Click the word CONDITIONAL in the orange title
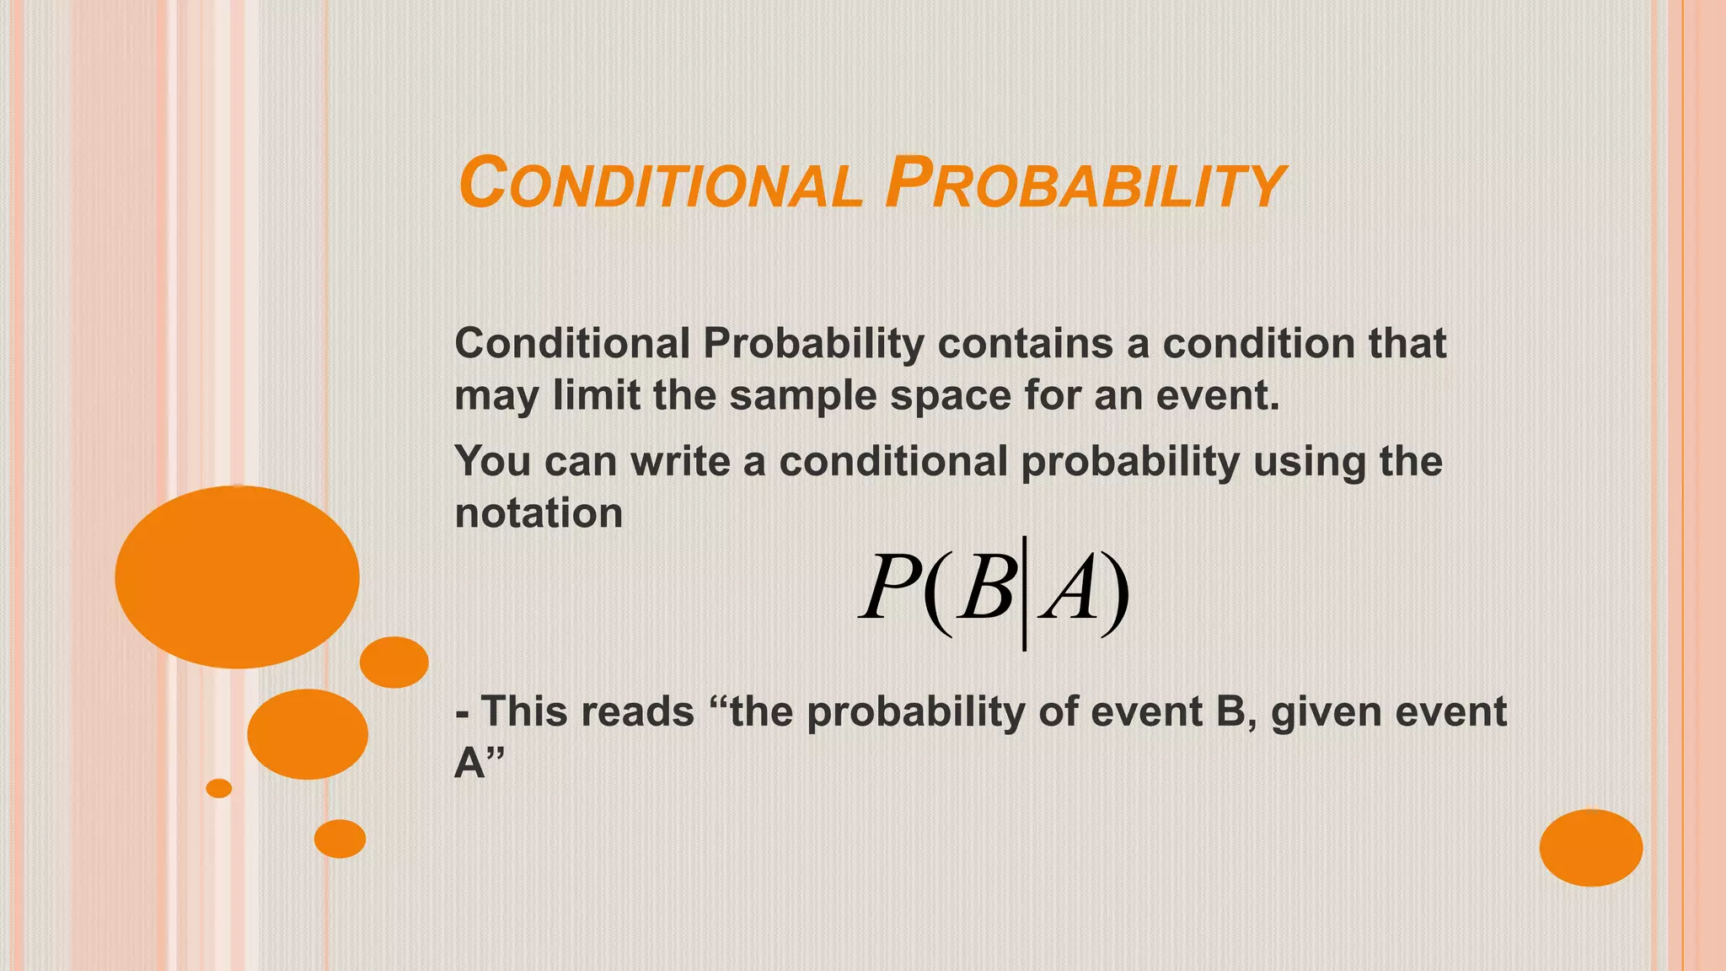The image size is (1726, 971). point(660,183)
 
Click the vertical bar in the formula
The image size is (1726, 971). point(1024,593)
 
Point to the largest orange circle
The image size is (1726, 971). point(238,577)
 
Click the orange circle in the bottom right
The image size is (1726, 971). point(1590,847)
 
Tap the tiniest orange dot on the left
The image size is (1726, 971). point(219,788)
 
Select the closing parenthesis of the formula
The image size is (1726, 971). point(1117,590)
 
